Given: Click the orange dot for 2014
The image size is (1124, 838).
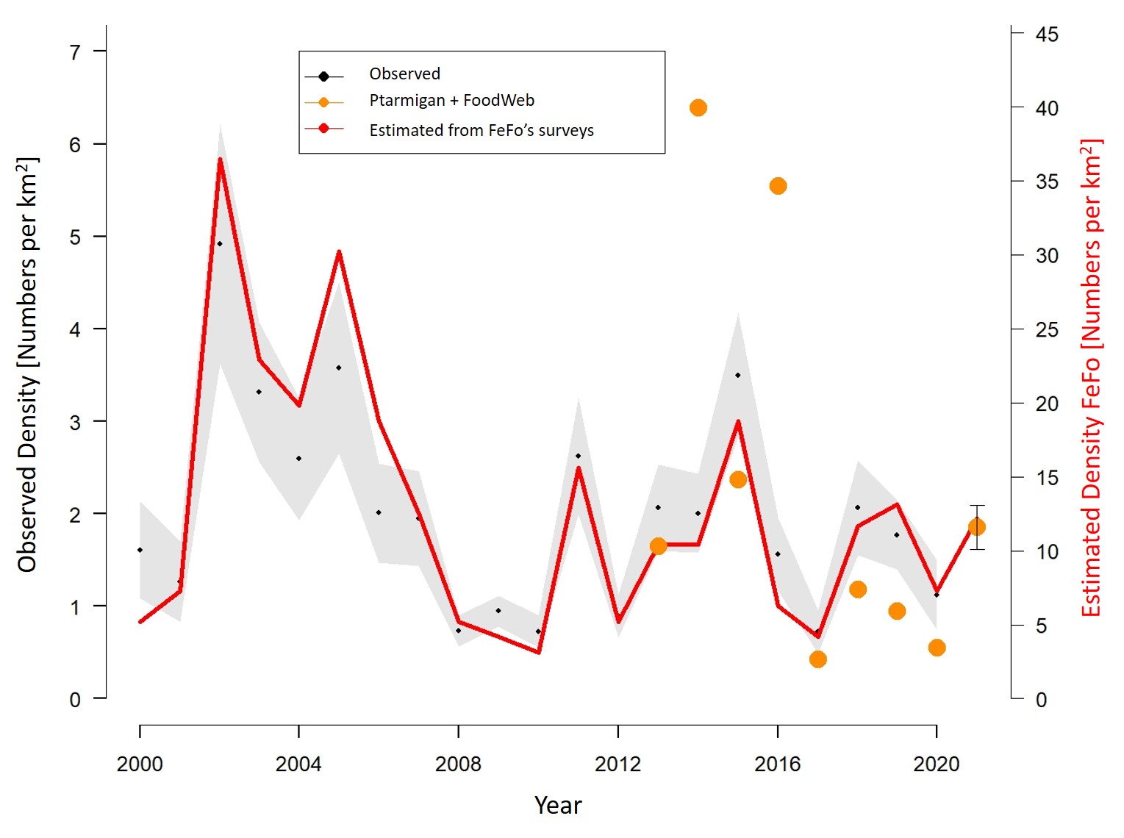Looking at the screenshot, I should pos(698,108).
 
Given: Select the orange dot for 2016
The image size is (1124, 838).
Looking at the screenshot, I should pos(778,186).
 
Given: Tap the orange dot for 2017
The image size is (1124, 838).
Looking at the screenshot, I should pos(817,659).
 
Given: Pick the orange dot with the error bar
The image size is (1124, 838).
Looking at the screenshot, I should pos(976,527).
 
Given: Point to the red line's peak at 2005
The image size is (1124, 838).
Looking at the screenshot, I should pos(339,251).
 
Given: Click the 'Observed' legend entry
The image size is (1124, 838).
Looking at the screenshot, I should pos(404,74).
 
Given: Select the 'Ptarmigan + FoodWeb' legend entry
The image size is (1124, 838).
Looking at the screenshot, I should pos(451,101).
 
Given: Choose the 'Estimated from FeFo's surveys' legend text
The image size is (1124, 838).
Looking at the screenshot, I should pos(482,130).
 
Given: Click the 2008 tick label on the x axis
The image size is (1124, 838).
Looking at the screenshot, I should pos(458,764).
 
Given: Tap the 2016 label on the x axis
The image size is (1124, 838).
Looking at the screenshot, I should pos(777,764).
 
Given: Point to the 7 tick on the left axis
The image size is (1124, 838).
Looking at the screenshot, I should pos(75,52).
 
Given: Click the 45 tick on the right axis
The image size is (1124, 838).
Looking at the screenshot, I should pos(1047,35).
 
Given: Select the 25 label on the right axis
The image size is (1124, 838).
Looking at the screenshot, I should pos(1047,329).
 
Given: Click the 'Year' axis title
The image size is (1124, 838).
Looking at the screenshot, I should pos(558,806).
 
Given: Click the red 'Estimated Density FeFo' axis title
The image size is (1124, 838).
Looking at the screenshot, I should pos(1091,379).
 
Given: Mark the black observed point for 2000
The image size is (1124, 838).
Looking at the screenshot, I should pos(140,550).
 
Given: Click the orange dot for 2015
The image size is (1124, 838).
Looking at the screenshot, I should pos(738,479).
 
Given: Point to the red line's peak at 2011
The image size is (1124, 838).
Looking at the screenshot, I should pos(578,468).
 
